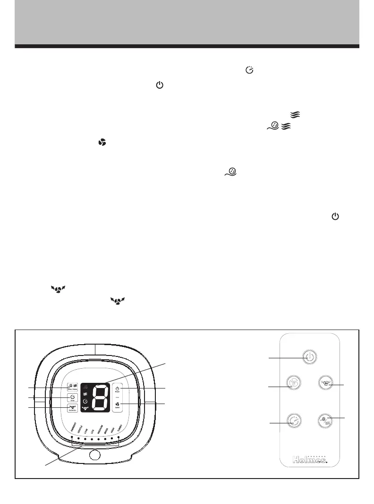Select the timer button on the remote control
tap(293, 421)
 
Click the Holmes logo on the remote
tap(310, 460)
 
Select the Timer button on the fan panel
tap(73, 398)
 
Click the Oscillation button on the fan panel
tap(72, 408)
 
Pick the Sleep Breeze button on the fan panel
tap(72, 387)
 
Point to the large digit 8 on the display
tap(99, 397)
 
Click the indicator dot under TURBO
tap(118, 438)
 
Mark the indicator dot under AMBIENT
tap(72, 438)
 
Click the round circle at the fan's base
tap(94, 455)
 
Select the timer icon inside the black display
tap(85, 401)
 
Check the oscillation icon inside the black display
tap(85, 408)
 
